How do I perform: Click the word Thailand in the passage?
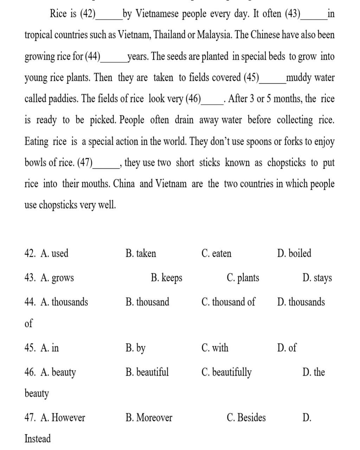[171, 35]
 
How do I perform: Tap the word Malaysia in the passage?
[214, 35]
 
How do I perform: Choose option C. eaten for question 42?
[217, 253]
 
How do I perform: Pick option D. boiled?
[294, 253]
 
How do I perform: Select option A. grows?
[57, 278]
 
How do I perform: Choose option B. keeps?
[167, 278]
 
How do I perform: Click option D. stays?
[317, 278]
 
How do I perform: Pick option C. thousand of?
[229, 302]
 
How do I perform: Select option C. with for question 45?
[215, 348]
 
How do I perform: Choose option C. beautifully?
[227, 372]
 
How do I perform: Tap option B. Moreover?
[149, 418]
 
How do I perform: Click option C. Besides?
[246, 418]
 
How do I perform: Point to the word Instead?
[38, 439]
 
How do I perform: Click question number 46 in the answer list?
[30, 372]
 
